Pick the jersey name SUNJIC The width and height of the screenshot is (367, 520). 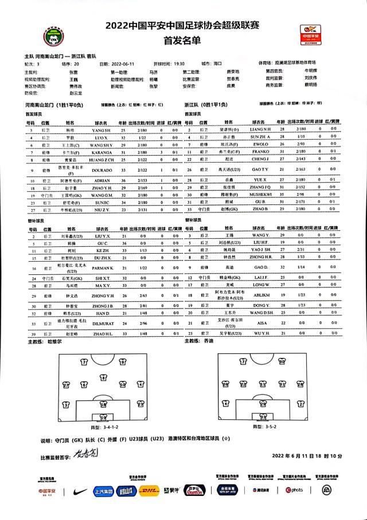[x=101, y=203]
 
